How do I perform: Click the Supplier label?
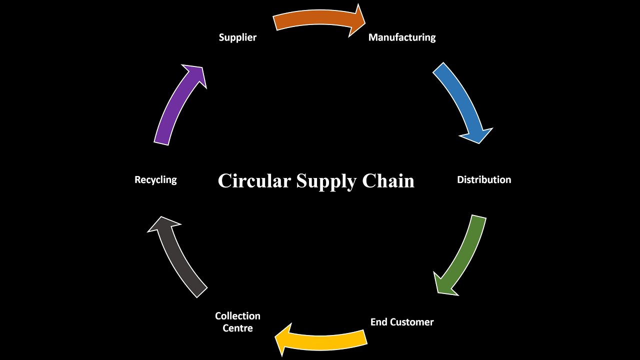pyautogui.click(x=237, y=37)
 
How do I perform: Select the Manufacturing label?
pyautogui.click(x=402, y=37)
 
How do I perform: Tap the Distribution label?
pyautogui.click(x=484, y=179)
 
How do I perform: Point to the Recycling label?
pyautogui.click(x=155, y=179)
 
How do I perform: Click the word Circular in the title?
pyautogui.click(x=254, y=181)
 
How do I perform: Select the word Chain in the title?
pyautogui.click(x=388, y=181)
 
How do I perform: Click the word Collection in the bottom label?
pyautogui.click(x=237, y=316)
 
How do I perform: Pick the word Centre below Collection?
pyautogui.click(x=237, y=328)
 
